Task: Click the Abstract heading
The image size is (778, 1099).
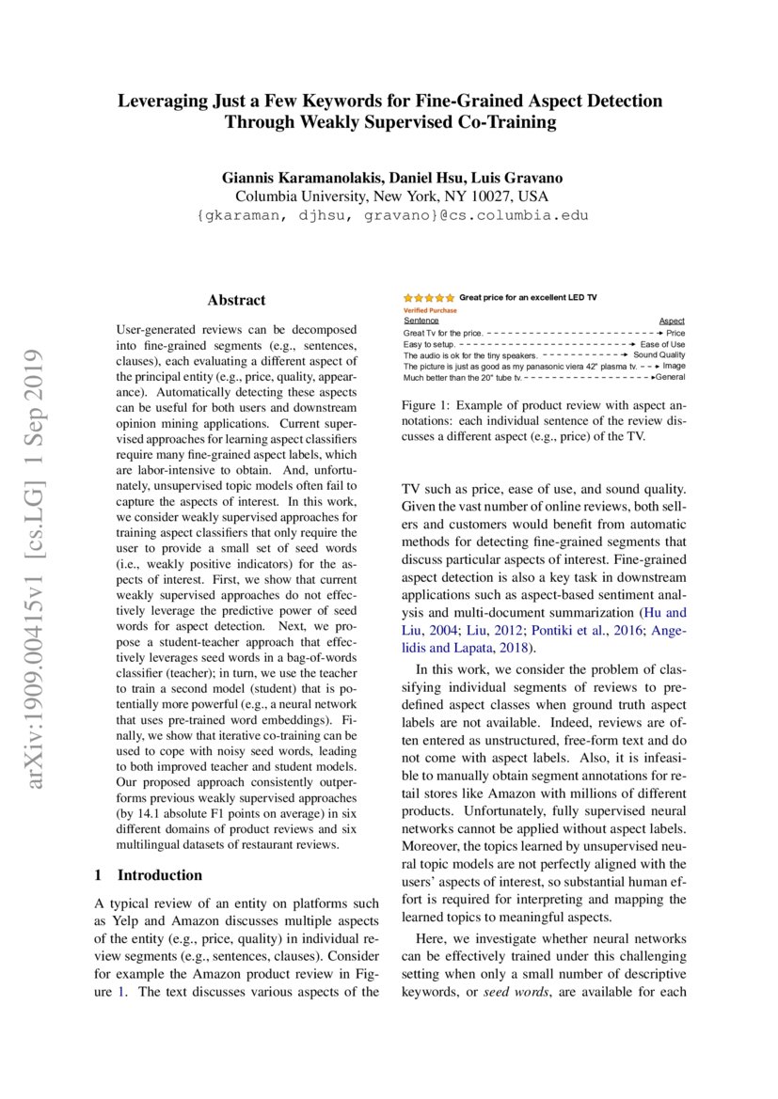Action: coord(236,301)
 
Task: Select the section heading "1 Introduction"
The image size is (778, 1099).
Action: coord(149,875)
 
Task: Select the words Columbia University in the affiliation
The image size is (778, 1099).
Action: coord(297,196)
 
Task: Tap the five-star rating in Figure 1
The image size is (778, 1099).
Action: coord(429,298)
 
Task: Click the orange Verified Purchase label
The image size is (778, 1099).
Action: coord(430,309)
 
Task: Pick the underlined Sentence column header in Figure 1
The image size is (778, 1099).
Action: coord(421,321)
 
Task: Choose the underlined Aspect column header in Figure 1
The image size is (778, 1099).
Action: coord(672,321)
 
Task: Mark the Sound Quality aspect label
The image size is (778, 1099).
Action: coord(659,355)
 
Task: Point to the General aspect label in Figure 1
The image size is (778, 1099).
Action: coord(670,377)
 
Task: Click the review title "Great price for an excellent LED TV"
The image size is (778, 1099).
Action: coord(528,298)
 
